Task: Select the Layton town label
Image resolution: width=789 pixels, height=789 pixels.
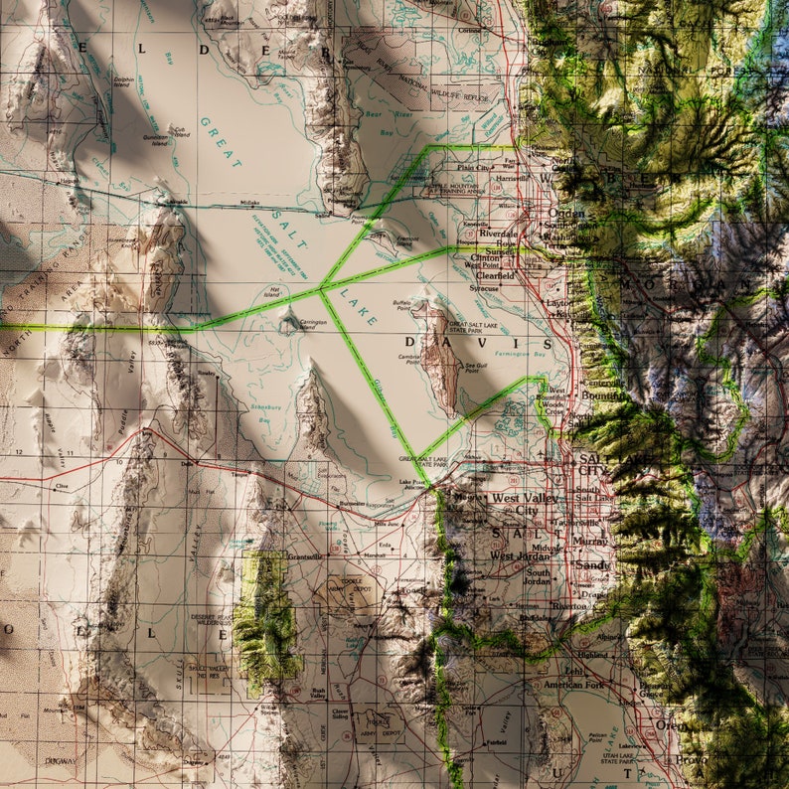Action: click(555, 302)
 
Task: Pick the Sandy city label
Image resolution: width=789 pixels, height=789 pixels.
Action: click(592, 564)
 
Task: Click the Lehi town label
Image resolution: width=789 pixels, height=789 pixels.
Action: click(573, 671)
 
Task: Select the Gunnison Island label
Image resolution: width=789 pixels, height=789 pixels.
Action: click(154, 138)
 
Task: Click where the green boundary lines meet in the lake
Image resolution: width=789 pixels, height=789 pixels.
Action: click(320, 291)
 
